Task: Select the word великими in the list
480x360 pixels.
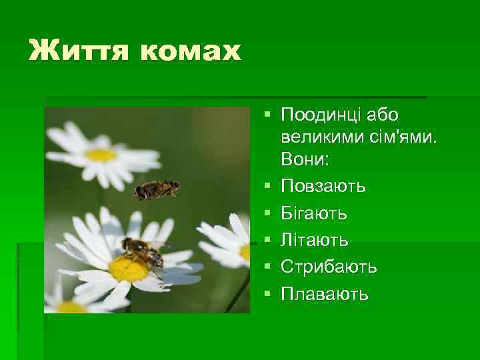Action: [321, 138]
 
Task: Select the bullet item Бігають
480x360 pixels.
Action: [313, 213]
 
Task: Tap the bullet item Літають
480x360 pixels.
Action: [312, 240]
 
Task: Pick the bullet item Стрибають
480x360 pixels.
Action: [329, 267]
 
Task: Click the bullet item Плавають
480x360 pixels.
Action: [324, 293]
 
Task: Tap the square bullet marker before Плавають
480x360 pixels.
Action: [267, 293]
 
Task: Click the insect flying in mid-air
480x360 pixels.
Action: [156, 189]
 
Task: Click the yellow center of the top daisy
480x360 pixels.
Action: [101, 155]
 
